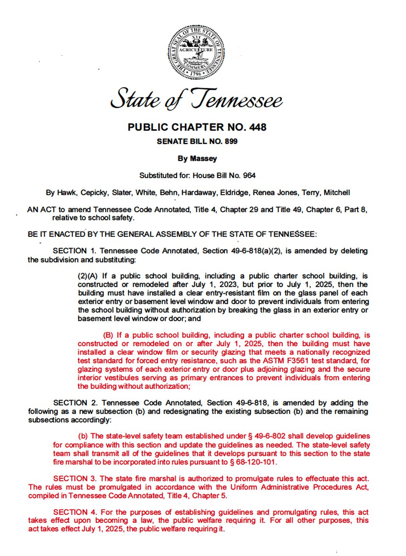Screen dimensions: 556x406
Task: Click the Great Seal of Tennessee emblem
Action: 196,52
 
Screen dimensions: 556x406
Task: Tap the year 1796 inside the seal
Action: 196,73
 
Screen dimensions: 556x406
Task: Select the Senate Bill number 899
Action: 231,141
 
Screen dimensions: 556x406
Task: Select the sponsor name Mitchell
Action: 337,192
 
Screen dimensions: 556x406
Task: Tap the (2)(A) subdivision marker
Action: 87,276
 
